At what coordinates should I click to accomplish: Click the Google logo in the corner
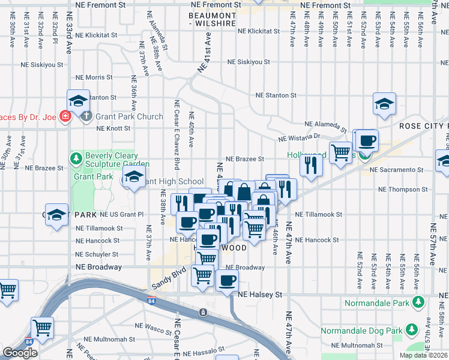tap(20, 353)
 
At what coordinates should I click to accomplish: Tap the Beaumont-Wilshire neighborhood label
tap(211, 19)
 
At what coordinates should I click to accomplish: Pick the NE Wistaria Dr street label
tap(300, 139)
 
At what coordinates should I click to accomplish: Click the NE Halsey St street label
tap(260, 295)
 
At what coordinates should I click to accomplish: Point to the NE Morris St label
tap(91, 77)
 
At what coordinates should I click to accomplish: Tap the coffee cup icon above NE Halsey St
tap(226, 281)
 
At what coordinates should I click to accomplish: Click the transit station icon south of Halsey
tap(203, 313)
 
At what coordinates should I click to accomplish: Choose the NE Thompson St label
tap(403, 190)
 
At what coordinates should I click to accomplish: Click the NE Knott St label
tap(113, 128)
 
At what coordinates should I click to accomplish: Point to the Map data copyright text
tap(424, 355)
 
